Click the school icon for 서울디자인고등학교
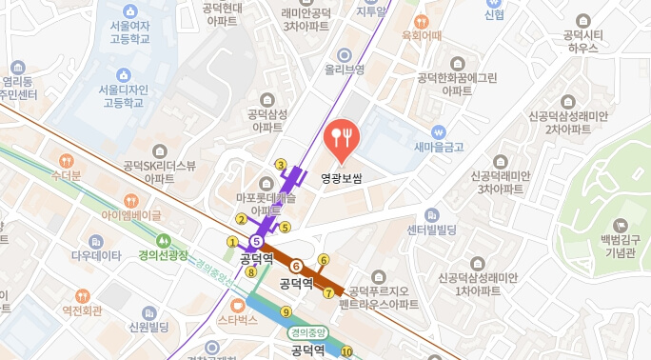(x=122, y=74)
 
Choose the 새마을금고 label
(x=439, y=147)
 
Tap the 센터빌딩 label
(x=432, y=230)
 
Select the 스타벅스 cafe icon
(x=237, y=305)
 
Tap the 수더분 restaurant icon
(x=66, y=161)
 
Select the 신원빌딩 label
(x=148, y=328)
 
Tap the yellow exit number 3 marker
(x=280, y=165)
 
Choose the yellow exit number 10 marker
(x=346, y=351)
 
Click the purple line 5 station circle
(x=255, y=241)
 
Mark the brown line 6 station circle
(x=296, y=266)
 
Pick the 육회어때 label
(x=423, y=36)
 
